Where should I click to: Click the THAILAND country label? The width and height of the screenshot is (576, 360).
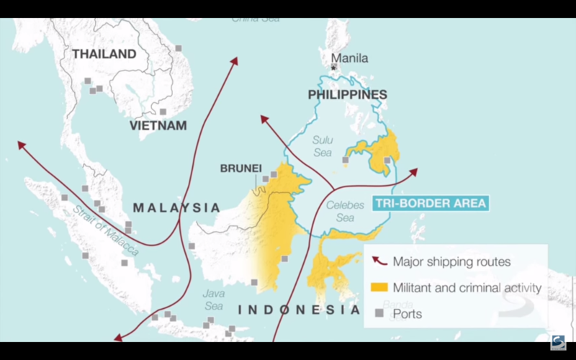[x=104, y=54]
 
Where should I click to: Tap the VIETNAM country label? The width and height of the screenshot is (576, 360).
[x=158, y=125]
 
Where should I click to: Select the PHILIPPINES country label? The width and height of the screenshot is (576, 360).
[x=347, y=94]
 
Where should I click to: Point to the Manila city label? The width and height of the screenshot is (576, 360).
[x=349, y=58]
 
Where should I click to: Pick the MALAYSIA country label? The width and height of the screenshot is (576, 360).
[x=176, y=207]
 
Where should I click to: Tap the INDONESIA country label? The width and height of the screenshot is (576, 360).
[x=299, y=310]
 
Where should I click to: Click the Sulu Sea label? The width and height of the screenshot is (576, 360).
[x=323, y=146]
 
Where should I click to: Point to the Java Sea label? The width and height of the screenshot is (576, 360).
[x=214, y=300]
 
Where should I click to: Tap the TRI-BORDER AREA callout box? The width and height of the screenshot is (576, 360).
[x=430, y=203]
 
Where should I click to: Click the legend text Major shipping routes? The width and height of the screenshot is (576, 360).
[x=451, y=261]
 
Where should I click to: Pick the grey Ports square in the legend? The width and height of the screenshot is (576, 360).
[x=379, y=314]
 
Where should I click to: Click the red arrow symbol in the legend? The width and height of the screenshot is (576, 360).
[x=379, y=261]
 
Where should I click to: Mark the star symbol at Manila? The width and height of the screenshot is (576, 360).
[x=333, y=67]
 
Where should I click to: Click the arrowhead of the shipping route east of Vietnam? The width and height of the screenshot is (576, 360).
[x=234, y=60]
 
